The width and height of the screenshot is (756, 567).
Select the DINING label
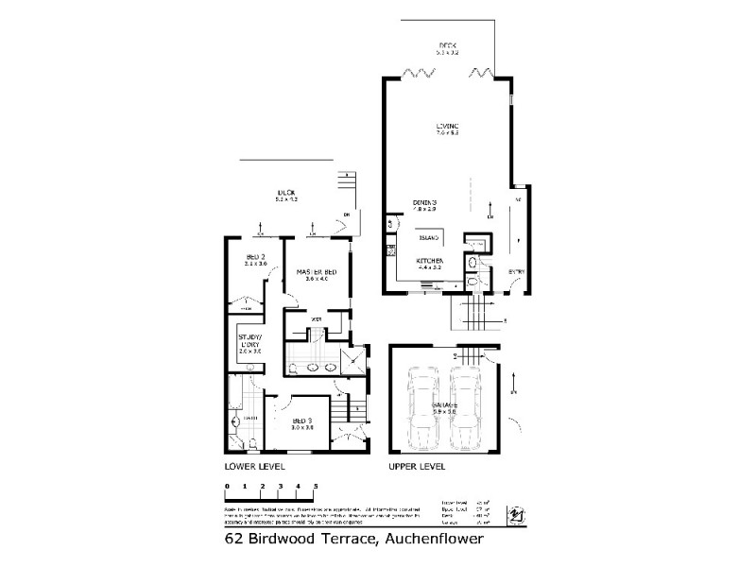coord(428,202)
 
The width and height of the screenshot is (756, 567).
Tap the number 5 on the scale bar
coord(316,486)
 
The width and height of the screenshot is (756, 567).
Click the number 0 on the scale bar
coord(227,486)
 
